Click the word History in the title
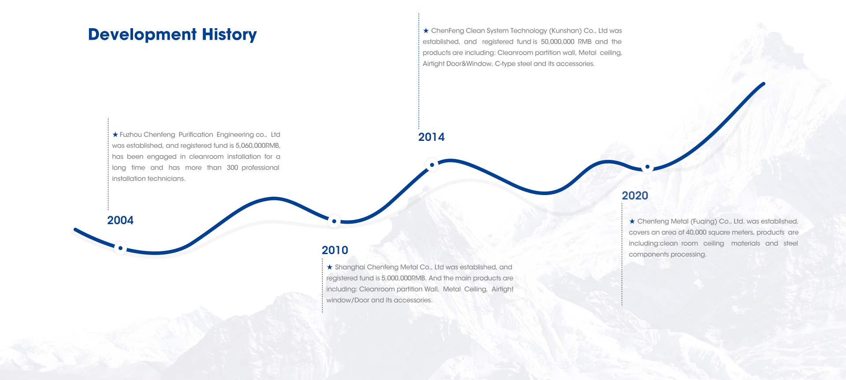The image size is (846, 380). (x=229, y=35)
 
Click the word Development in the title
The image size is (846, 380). (x=142, y=35)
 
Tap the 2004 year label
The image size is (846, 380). (x=120, y=220)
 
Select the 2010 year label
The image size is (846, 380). (x=335, y=250)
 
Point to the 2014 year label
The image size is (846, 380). (x=431, y=137)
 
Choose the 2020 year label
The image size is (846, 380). (x=635, y=196)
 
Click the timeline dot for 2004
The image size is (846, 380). (x=120, y=248)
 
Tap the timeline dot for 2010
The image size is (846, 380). (x=334, y=221)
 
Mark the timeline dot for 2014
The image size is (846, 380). (x=432, y=165)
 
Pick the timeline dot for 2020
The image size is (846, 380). (x=647, y=167)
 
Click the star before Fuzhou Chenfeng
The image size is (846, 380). (x=115, y=134)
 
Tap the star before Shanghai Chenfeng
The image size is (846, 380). (x=330, y=267)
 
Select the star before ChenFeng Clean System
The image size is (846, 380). (x=426, y=30)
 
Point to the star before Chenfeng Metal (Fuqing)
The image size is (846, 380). (x=632, y=221)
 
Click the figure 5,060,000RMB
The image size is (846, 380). (x=258, y=146)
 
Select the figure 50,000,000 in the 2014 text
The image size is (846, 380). (x=557, y=42)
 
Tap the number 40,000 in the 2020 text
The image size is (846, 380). (x=696, y=232)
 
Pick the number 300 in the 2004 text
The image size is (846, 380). (x=232, y=168)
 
